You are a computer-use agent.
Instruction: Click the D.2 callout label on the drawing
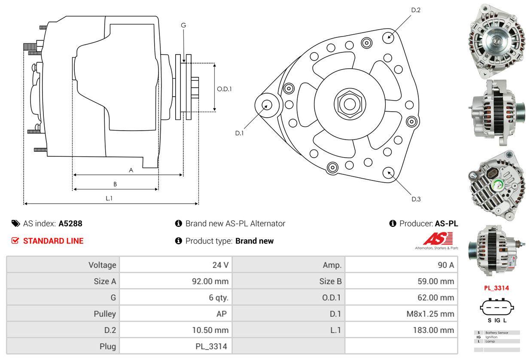click(415, 10)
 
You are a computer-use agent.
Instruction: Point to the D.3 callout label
click(416, 199)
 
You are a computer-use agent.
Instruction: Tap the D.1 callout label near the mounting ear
click(239, 133)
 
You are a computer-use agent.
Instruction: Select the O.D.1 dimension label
click(224, 89)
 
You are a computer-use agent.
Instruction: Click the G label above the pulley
click(183, 25)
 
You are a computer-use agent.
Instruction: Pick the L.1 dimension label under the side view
click(109, 198)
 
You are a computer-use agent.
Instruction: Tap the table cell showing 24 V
click(220, 265)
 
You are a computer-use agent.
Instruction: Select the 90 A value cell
click(445, 265)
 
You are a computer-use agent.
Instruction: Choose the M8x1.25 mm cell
click(430, 314)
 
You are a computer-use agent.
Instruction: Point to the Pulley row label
click(105, 314)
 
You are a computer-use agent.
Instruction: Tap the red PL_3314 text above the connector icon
click(496, 288)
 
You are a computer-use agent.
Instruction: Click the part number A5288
click(70, 223)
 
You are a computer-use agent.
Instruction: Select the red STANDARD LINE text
click(53, 241)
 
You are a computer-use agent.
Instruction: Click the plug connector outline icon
click(497, 307)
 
